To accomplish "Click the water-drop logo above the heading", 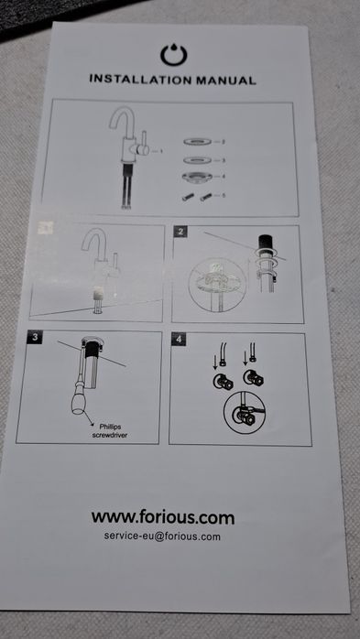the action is [x=174, y=55].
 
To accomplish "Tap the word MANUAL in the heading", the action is [x=226, y=80].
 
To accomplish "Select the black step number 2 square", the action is [x=180, y=232].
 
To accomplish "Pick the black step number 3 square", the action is [x=35, y=337].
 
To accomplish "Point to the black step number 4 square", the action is [x=179, y=339].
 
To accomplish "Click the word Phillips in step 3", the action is [x=110, y=428].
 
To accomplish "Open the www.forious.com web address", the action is [x=163, y=517].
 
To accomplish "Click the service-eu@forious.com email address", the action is [x=162, y=536].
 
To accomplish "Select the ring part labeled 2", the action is [x=197, y=142].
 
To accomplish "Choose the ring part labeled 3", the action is [x=197, y=160].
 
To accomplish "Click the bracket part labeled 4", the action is [x=197, y=178].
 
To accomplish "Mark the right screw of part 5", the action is [x=206, y=197].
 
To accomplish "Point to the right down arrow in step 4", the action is [x=245, y=358].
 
